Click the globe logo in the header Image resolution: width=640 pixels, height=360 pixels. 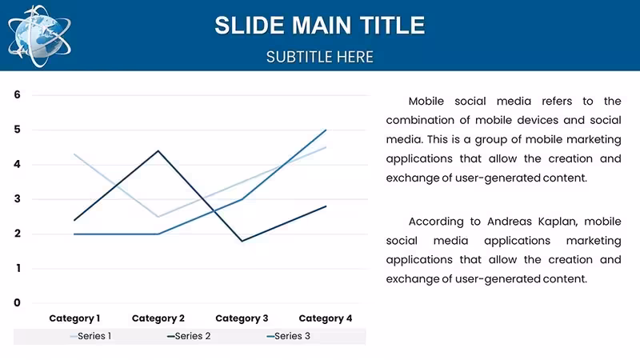coord(39,36)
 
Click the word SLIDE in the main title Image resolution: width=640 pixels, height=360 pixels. coord(250,26)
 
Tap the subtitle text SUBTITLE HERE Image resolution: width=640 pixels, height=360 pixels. coord(319,57)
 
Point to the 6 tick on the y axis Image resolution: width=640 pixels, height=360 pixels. coord(17,94)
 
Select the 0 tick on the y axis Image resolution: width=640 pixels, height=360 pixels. coord(17,303)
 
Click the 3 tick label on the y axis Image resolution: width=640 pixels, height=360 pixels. coord(17,198)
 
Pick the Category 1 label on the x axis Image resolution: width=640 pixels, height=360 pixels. coord(74,318)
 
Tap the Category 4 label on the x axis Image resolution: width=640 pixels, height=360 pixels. coord(326,318)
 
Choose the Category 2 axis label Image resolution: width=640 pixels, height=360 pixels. coord(158,318)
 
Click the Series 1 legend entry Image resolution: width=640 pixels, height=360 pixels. coord(90,336)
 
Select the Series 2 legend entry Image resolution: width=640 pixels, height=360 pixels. coord(189,336)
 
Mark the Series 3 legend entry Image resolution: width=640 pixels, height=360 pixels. coord(288,336)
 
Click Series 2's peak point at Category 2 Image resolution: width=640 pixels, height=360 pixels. coord(158,150)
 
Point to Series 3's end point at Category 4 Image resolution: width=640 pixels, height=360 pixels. coord(326,130)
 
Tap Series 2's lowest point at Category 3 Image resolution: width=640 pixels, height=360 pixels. coord(242,241)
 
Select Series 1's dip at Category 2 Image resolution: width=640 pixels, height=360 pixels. coord(158,217)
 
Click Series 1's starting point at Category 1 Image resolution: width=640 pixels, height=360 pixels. coord(74,154)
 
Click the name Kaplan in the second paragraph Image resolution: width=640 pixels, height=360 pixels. coord(557,222)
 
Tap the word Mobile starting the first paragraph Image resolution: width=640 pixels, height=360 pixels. coord(426,102)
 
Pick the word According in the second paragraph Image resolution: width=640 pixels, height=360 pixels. coord(436,222)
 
